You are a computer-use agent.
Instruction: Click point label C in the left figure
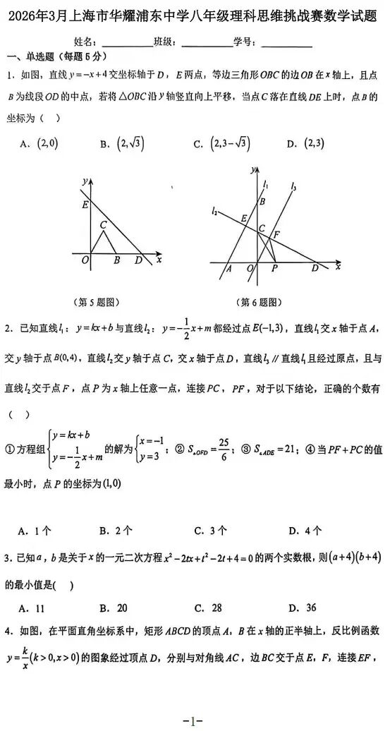coord(103,224)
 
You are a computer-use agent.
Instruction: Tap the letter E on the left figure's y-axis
coord(85,205)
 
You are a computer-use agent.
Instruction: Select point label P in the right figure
coord(274,268)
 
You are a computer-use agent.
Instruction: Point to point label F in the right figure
coord(276,234)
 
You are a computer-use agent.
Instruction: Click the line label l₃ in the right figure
coord(293,186)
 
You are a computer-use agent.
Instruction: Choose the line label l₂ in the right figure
coord(214,210)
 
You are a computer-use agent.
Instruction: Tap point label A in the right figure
coord(228,269)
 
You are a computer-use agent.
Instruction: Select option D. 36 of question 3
coord(302,608)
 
